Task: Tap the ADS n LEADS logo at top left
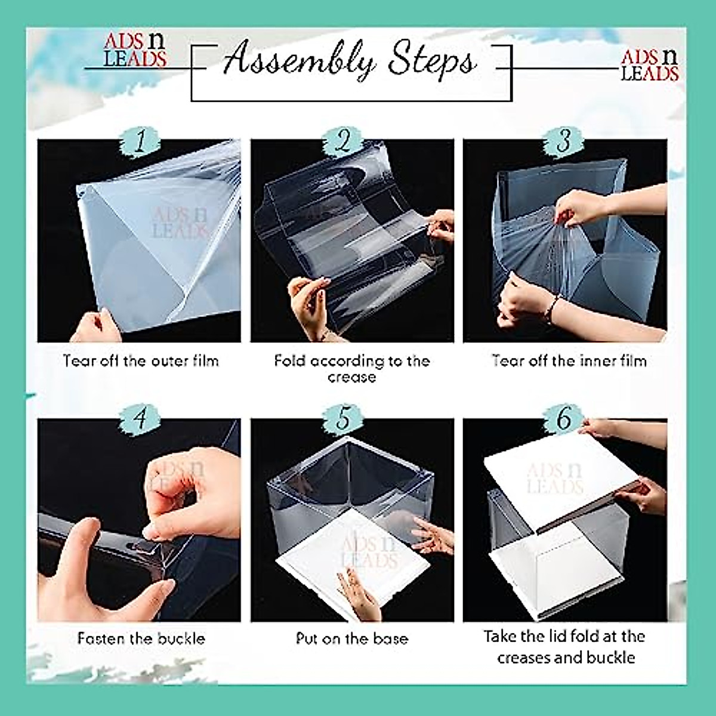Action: [x=135, y=50]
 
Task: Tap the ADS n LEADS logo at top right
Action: [x=650, y=65]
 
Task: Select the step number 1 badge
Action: [x=140, y=143]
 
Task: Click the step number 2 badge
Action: [x=344, y=143]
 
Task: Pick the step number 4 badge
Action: [x=140, y=418]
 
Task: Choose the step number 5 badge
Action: [x=343, y=418]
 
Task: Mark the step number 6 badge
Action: [x=563, y=419]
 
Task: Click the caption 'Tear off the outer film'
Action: [x=141, y=360]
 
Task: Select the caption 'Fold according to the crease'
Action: [x=351, y=368]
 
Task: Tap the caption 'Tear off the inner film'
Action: [x=569, y=360]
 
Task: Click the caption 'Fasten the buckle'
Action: [x=141, y=639]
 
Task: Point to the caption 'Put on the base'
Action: [x=352, y=639]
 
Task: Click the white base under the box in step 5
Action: [x=334, y=567]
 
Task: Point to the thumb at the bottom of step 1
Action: [x=95, y=327]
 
